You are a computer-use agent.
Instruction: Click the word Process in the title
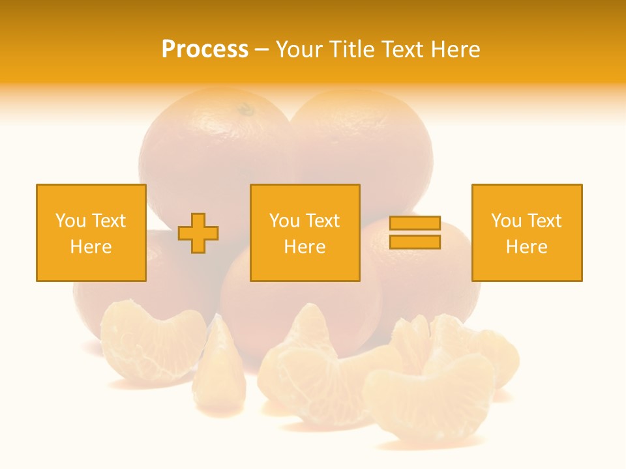(205, 50)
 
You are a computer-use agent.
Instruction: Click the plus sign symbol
(198, 233)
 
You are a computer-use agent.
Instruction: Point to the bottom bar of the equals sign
(415, 242)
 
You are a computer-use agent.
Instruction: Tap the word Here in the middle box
(305, 247)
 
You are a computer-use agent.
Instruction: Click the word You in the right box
(506, 221)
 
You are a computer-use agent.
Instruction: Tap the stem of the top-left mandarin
(246, 109)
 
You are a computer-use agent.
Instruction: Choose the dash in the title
(261, 50)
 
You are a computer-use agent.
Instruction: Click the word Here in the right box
(527, 247)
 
